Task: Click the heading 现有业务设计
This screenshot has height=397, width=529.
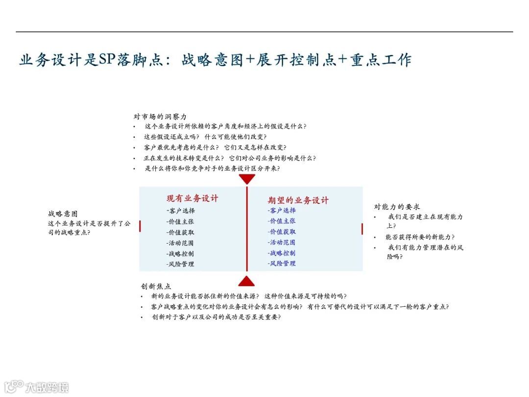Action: (x=192, y=198)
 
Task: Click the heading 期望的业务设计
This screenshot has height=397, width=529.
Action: (x=298, y=200)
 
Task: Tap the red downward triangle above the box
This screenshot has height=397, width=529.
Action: (x=247, y=179)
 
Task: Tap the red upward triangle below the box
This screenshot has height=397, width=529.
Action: (x=246, y=280)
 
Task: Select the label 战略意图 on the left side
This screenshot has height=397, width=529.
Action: (x=63, y=214)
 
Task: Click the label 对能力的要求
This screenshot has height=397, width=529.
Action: (x=397, y=207)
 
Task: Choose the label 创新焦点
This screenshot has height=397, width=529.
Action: (x=156, y=286)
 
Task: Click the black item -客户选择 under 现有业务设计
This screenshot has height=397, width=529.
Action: (x=180, y=211)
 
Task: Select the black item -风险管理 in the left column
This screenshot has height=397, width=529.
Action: (x=180, y=264)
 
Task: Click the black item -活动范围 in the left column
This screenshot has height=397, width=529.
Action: (x=180, y=243)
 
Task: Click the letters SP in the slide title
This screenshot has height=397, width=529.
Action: (x=106, y=60)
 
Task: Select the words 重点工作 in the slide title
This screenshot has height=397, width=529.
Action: (x=381, y=60)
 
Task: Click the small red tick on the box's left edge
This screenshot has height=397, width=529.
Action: (x=140, y=226)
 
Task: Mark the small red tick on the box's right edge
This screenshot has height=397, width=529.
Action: (x=362, y=229)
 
